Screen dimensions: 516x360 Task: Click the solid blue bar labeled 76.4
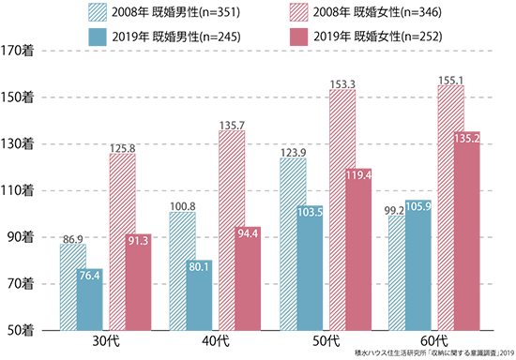tap(90, 299)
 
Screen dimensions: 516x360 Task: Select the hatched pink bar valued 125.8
tap(122, 242)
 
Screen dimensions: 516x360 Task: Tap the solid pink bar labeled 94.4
tap(248, 278)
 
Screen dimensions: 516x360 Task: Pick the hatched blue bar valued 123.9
tap(293, 244)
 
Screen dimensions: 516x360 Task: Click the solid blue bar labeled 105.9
tap(418, 265)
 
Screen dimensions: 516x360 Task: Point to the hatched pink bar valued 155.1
tap(451, 208)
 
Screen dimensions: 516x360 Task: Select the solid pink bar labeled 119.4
tap(358, 249)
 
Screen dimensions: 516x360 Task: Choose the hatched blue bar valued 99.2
tap(397, 273)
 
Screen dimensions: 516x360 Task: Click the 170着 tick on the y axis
tap(17, 51)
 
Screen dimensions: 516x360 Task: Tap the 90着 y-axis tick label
tap(21, 237)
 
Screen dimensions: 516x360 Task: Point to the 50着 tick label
tap(21, 330)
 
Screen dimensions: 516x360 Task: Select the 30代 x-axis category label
tap(106, 341)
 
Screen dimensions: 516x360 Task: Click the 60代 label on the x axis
tap(434, 341)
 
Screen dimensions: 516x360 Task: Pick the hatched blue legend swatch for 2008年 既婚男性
tap(98, 12)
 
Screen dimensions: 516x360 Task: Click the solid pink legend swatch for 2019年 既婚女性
tap(298, 37)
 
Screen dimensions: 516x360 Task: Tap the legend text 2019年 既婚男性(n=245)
tap(176, 37)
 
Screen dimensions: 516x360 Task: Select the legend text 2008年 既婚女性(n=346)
tap(377, 12)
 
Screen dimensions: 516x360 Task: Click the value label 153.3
tap(342, 84)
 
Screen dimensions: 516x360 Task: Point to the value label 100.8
tap(183, 206)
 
